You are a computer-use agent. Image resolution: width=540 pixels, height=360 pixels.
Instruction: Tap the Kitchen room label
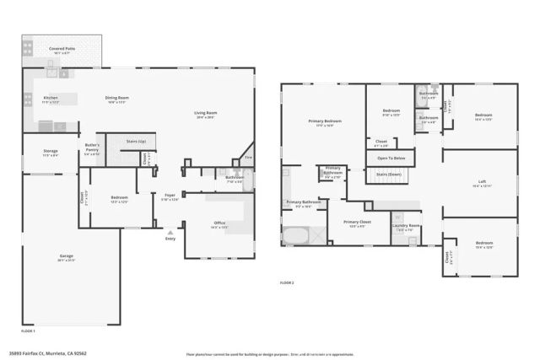tap(51, 98)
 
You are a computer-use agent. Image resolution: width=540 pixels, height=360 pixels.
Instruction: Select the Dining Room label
tap(116, 98)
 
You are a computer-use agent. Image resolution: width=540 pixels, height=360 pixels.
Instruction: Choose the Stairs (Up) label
tap(136, 141)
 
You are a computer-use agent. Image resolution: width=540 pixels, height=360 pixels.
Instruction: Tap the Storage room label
tap(51, 151)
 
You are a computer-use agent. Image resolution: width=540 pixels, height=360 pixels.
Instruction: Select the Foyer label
tap(170, 196)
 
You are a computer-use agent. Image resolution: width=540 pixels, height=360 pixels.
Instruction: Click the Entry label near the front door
tap(171, 238)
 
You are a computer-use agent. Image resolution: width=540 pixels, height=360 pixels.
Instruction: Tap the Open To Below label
tap(391, 158)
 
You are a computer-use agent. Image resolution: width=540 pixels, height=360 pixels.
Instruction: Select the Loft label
tap(482, 182)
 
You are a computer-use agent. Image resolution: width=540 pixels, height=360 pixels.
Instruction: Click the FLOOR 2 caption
tap(288, 283)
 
